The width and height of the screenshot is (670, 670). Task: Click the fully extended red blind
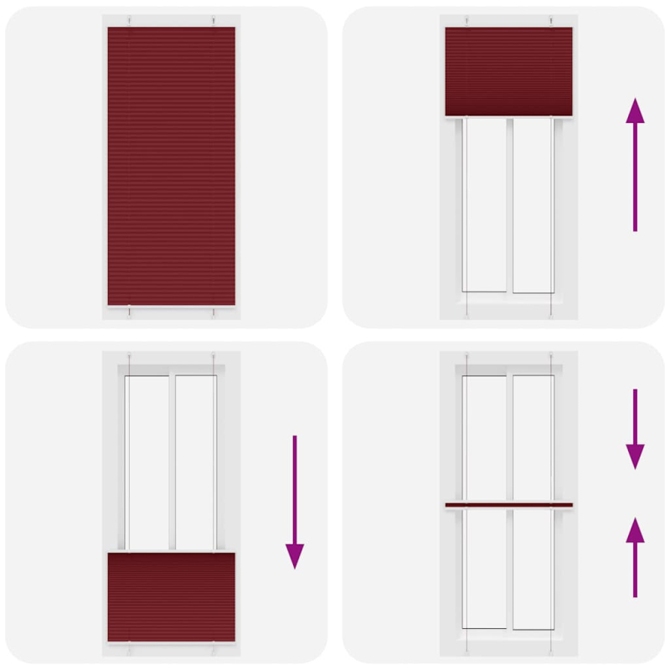[x=171, y=166]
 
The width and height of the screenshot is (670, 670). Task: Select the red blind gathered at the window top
[x=508, y=71]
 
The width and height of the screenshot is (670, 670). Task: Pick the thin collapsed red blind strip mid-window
[x=508, y=505]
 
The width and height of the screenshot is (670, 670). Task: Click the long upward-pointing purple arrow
[x=636, y=164]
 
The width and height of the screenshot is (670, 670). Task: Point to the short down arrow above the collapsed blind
[x=636, y=428]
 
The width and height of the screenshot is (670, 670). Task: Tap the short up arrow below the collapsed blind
[x=636, y=557]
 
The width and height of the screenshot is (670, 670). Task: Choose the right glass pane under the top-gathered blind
[x=533, y=205]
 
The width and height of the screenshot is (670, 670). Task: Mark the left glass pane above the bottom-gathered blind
[x=147, y=461]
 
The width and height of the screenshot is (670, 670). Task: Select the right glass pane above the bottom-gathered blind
[x=195, y=461]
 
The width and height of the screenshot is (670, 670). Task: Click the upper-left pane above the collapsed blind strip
[x=485, y=435]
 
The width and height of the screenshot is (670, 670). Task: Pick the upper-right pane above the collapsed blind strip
[x=533, y=435]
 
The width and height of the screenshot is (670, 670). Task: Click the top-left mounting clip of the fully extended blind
[x=130, y=21]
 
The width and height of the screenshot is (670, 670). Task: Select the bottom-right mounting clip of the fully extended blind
[x=214, y=312]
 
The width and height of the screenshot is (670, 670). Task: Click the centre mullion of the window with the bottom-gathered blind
[x=172, y=461]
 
